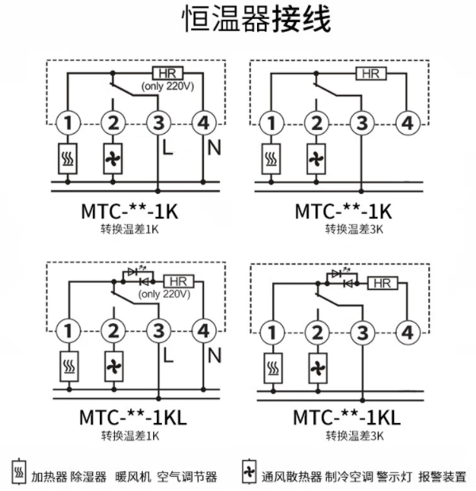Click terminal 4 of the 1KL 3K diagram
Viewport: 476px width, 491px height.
408,332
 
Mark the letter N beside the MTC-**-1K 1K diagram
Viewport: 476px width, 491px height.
213,147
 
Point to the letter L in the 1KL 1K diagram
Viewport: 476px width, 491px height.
168,356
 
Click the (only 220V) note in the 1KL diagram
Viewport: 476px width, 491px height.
164,294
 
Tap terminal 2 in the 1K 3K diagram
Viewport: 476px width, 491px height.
317,123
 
